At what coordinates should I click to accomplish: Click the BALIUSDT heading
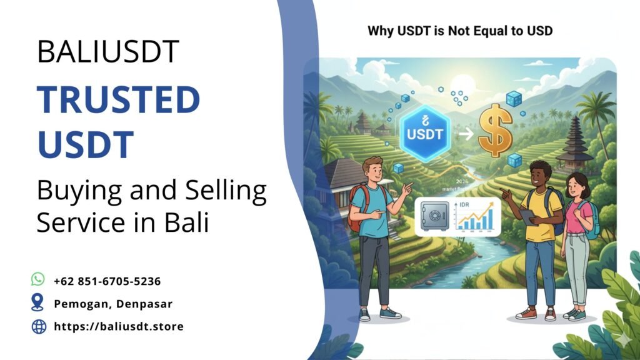coord(108,52)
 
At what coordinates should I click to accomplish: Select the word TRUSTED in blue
coord(118,100)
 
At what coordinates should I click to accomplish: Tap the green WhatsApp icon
coord(38,279)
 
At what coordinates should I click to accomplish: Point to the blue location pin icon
coord(38,303)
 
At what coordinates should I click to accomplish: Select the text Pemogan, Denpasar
coord(113,304)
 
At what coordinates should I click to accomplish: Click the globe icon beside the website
coord(39,326)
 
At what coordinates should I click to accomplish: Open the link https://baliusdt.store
coord(119,326)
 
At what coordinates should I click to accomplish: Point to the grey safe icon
coord(435,216)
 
